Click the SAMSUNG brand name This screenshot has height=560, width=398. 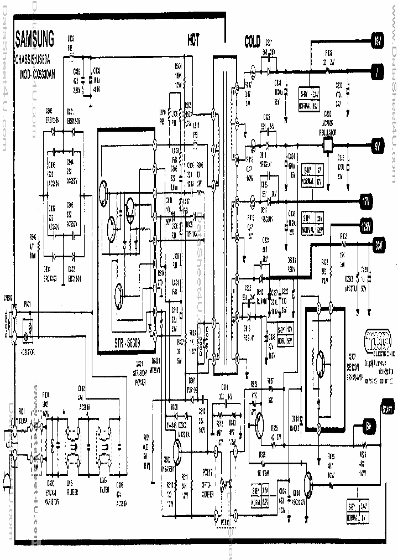[34, 39]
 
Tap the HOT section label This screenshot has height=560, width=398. [193, 40]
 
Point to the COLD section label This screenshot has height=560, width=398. [256, 41]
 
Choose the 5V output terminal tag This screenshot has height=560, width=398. [376, 147]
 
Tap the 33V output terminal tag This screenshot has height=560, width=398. [378, 244]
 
